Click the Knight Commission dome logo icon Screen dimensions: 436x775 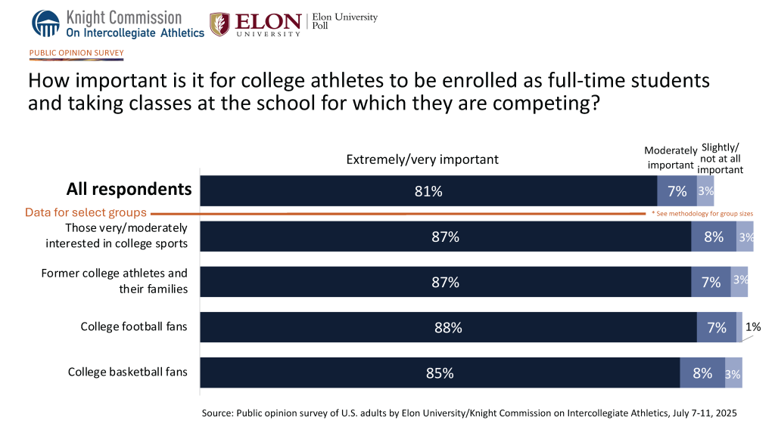(x=45, y=23)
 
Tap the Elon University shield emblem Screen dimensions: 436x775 (x=220, y=23)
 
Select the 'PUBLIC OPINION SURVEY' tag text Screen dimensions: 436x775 (x=76, y=53)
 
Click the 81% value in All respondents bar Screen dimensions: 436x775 (x=428, y=191)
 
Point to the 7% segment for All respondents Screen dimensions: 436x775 (x=677, y=191)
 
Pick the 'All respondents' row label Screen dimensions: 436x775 (x=129, y=189)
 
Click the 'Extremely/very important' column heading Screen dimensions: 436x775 (x=422, y=159)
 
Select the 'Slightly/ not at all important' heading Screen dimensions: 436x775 (x=722, y=159)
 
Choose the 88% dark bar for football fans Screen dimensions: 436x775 (x=448, y=327)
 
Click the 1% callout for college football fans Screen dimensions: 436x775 (x=752, y=327)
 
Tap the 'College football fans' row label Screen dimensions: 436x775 (x=134, y=327)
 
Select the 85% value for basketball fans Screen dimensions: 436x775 (x=440, y=373)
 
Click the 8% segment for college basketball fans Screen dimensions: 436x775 (x=702, y=373)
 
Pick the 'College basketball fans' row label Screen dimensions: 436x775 (x=128, y=373)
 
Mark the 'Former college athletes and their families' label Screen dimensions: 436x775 (x=114, y=280)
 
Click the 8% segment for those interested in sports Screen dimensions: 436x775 (x=714, y=237)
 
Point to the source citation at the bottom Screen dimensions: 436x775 (x=469, y=413)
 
